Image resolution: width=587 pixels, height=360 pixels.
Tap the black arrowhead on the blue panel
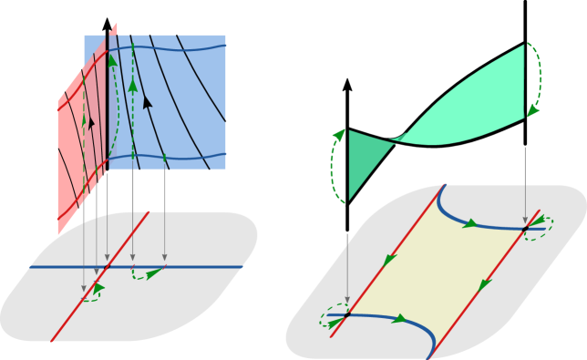[147, 102]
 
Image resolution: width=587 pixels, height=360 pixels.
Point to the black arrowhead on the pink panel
[90, 122]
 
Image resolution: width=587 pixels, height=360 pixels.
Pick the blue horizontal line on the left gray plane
[201, 267]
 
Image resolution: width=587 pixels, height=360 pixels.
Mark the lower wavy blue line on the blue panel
[182, 157]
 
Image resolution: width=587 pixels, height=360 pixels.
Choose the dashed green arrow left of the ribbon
[334, 164]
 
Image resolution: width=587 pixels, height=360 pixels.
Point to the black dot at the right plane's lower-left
[347, 314]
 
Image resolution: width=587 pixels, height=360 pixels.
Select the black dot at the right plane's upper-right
[525, 227]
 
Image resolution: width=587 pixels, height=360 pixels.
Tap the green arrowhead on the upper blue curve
[470, 223]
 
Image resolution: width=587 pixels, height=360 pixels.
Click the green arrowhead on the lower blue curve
[399, 319]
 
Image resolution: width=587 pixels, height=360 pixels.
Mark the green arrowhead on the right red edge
[485, 285]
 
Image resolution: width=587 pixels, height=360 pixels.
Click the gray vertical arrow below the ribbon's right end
[525, 182]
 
